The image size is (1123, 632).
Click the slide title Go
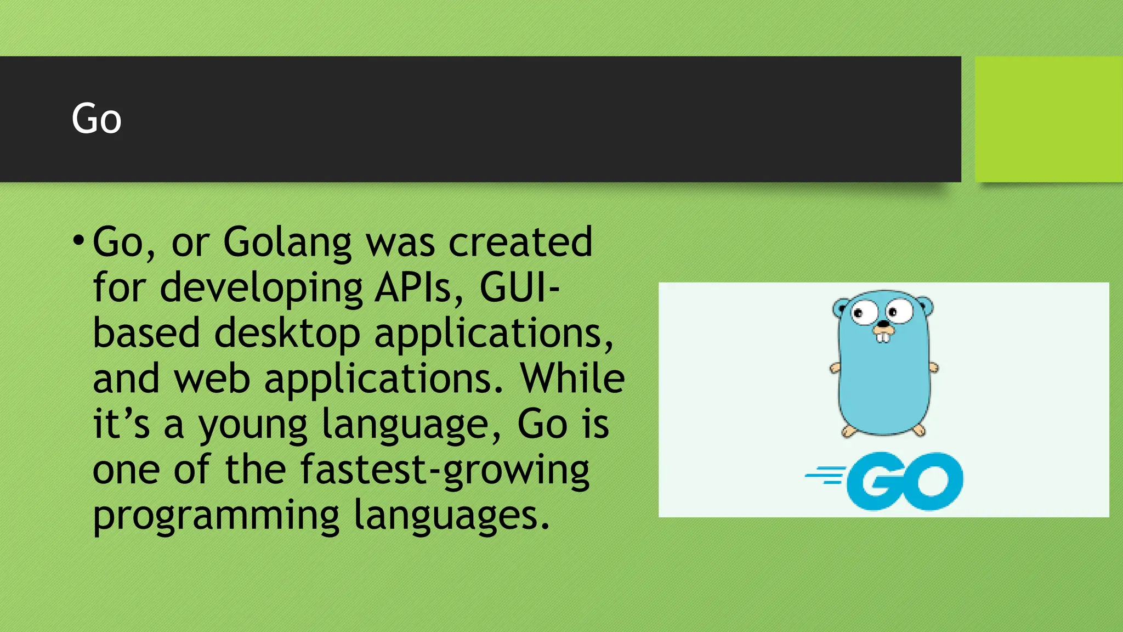[x=97, y=119]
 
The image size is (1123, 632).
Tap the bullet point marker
[x=78, y=240]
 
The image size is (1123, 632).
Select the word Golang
[x=287, y=242]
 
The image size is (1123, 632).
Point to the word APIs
[x=419, y=287]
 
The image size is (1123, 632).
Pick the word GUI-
[x=519, y=287]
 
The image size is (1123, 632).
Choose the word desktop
[x=287, y=334]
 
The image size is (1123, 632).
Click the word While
[x=572, y=379]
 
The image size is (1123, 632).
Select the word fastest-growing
[x=445, y=471]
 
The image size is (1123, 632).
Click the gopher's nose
[x=883, y=325]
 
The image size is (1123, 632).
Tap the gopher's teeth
[x=883, y=336]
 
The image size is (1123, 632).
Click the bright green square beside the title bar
[x=1048, y=119]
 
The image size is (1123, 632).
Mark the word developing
[x=261, y=289]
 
